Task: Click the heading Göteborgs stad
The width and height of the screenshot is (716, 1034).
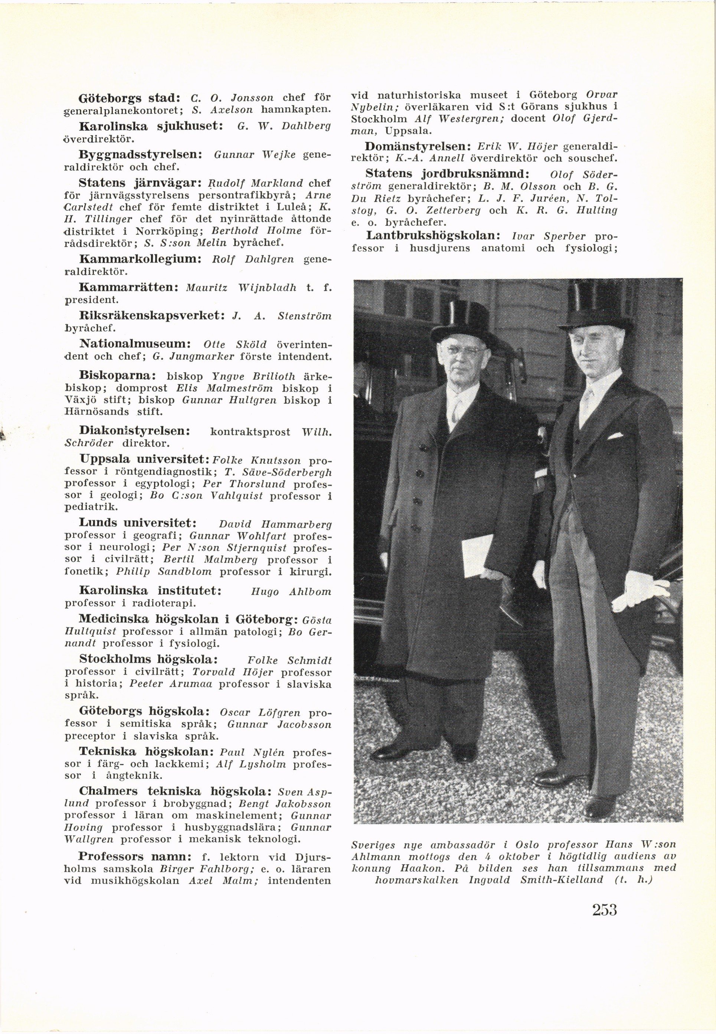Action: pos(129,97)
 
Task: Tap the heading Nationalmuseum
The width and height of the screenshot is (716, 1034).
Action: pos(135,344)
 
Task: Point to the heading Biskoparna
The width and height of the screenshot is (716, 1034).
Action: pos(118,375)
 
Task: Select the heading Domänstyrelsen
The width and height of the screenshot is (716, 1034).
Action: pos(417,146)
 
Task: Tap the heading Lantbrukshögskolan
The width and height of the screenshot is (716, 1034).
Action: pos(434,235)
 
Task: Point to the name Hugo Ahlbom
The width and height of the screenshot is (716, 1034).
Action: pos(291,592)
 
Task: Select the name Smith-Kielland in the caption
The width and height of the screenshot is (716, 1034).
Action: pos(562,892)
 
